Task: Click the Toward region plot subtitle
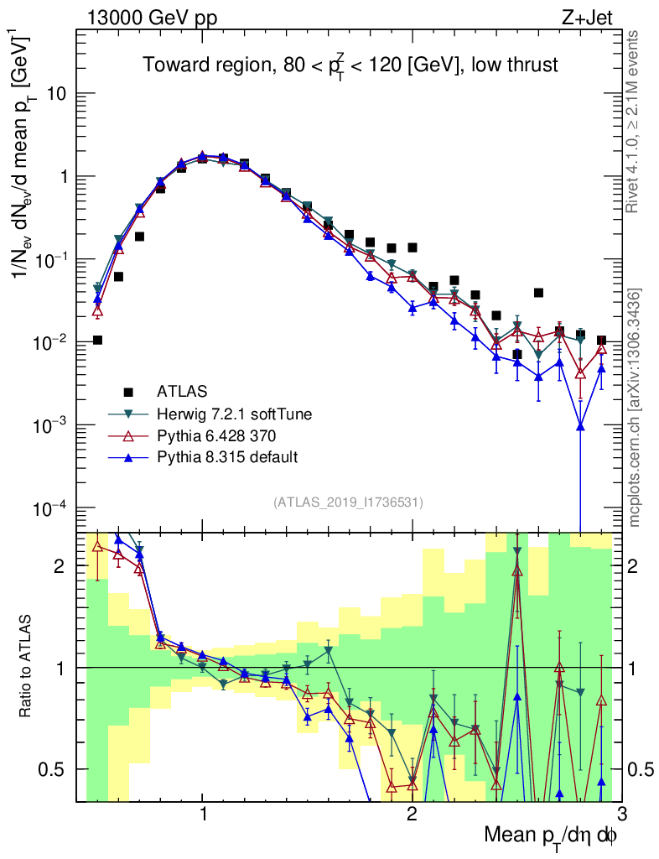click(x=350, y=65)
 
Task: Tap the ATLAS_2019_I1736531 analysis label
click(x=348, y=502)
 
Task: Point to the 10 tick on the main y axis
click(x=56, y=94)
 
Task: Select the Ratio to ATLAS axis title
click(x=28, y=667)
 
